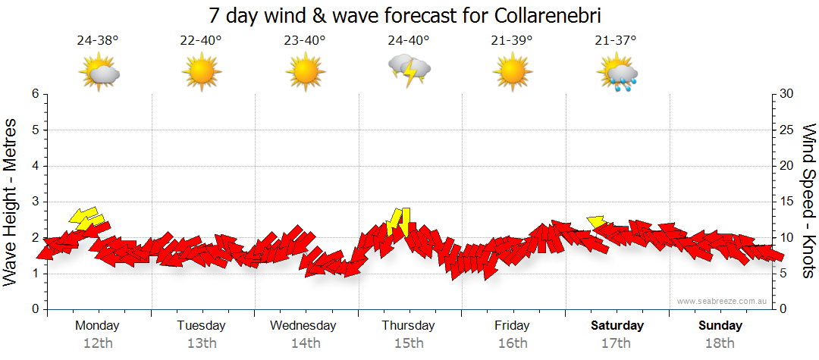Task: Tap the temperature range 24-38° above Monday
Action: coord(98,41)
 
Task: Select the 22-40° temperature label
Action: coord(201,41)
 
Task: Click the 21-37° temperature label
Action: coord(615,41)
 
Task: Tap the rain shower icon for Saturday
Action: coord(619,74)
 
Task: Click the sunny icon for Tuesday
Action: coord(201,74)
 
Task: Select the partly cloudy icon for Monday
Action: coord(99,74)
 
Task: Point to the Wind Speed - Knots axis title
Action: coord(808,201)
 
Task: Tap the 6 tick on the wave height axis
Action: coord(34,94)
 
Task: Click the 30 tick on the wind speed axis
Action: coord(786,94)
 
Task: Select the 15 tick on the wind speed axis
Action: coord(786,202)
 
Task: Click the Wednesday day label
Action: coord(303,326)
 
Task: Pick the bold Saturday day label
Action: coord(617,326)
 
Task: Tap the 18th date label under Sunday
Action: coord(720,343)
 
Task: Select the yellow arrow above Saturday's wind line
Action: coord(596,221)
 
